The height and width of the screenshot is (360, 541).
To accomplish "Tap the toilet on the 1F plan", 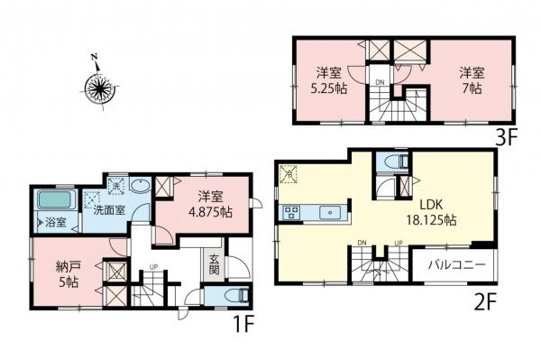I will click(x=226, y=296).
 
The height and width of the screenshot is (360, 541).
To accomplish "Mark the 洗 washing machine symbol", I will click(x=116, y=185).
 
